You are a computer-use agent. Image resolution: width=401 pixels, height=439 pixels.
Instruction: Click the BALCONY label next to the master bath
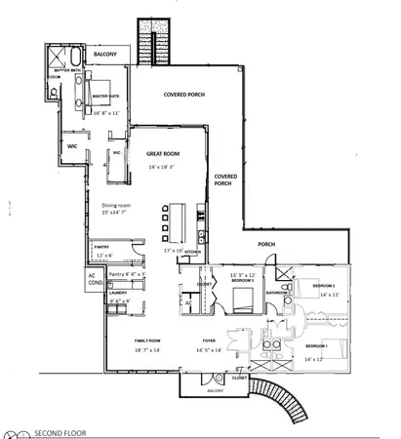coord(106,55)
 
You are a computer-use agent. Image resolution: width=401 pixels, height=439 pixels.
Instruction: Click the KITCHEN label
coord(193,252)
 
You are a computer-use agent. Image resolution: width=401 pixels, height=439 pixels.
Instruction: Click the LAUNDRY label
coord(119,292)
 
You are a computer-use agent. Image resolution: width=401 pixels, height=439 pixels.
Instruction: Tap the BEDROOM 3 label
coord(241,280)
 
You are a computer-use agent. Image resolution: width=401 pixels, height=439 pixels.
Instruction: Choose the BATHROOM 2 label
coord(274,292)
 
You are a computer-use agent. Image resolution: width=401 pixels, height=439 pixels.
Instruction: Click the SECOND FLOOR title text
coord(64,431)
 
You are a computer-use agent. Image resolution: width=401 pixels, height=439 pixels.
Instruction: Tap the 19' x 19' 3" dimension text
coord(160,167)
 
